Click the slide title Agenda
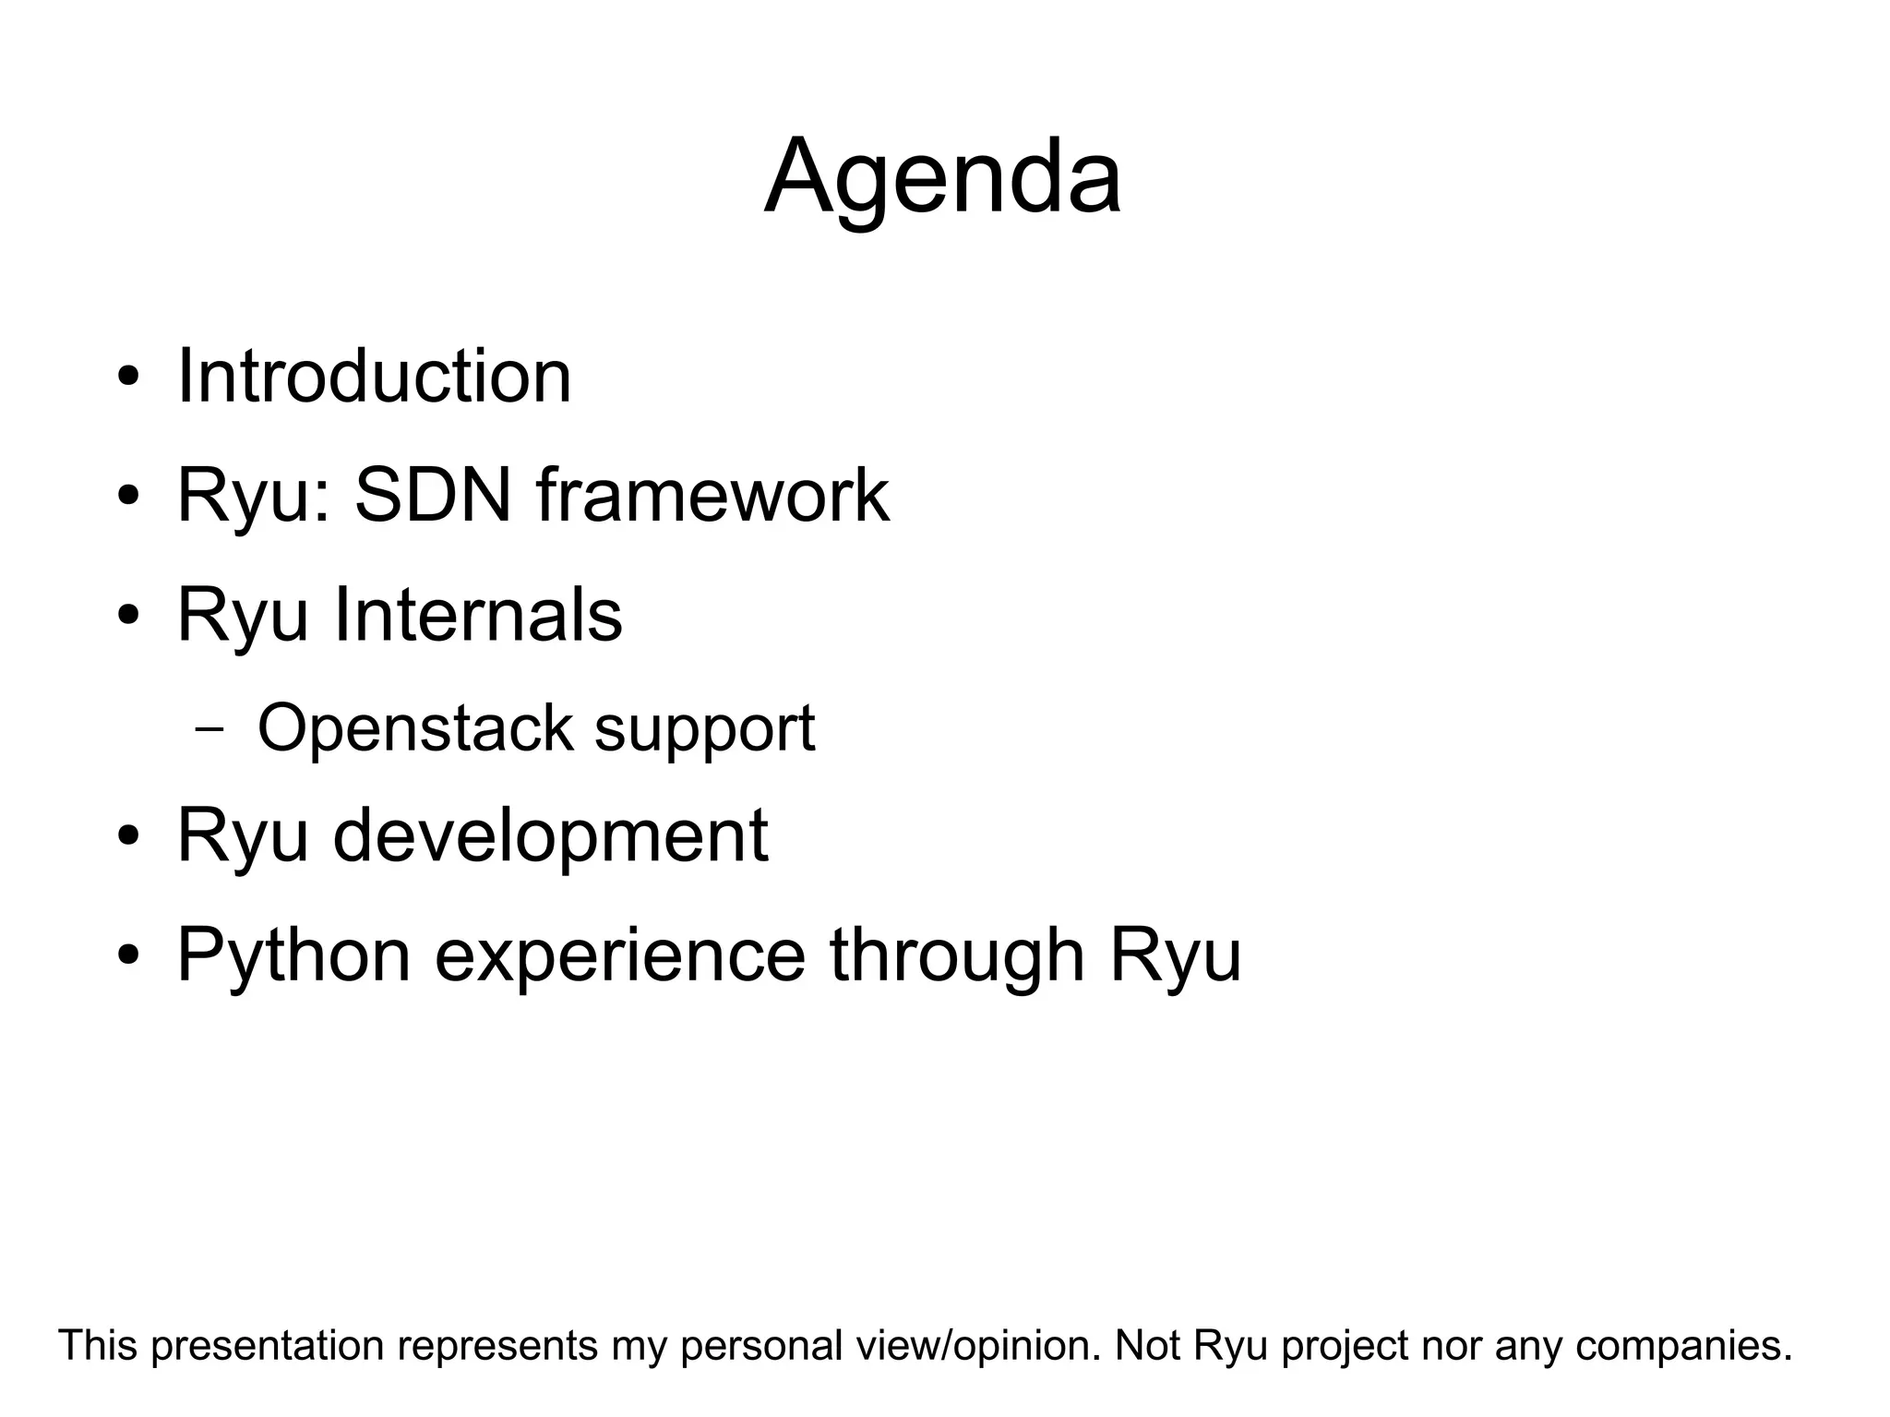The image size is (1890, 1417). pos(942,177)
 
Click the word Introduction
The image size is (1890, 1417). pos(374,377)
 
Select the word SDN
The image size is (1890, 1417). pos(433,496)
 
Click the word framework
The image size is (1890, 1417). pos(712,496)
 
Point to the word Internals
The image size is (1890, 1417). pos(477,615)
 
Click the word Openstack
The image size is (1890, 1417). pos(414,728)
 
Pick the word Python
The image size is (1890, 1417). pos(293,956)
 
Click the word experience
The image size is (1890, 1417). pos(620,956)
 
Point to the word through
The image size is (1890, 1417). pos(957,956)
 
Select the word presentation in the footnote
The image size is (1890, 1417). pos(268,1346)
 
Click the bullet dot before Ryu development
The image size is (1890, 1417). pos(129,836)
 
